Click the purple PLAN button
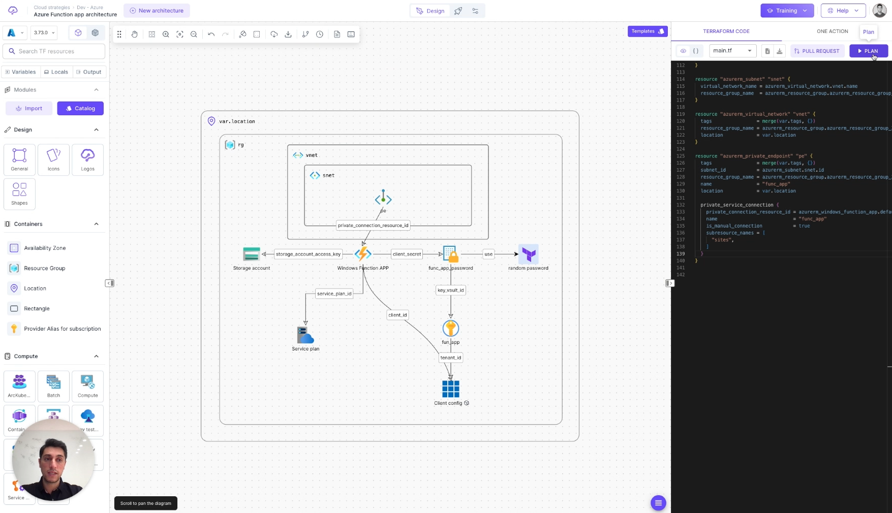click(x=868, y=51)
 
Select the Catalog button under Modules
click(x=80, y=108)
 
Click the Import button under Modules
click(x=29, y=108)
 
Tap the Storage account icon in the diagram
click(x=252, y=254)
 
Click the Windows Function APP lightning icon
click(x=363, y=254)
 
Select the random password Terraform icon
click(x=529, y=254)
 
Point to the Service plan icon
click(x=305, y=335)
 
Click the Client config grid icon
click(x=450, y=389)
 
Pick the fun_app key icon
click(x=450, y=329)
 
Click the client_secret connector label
click(x=407, y=254)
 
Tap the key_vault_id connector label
click(x=450, y=290)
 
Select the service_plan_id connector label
click(x=334, y=294)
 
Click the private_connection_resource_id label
click(x=373, y=225)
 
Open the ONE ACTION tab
click(x=832, y=31)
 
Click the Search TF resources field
click(x=54, y=51)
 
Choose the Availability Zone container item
click(x=45, y=248)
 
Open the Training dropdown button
click(x=787, y=11)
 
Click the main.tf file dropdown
click(x=732, y=51)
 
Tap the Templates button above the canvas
click(x=647, y=31)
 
